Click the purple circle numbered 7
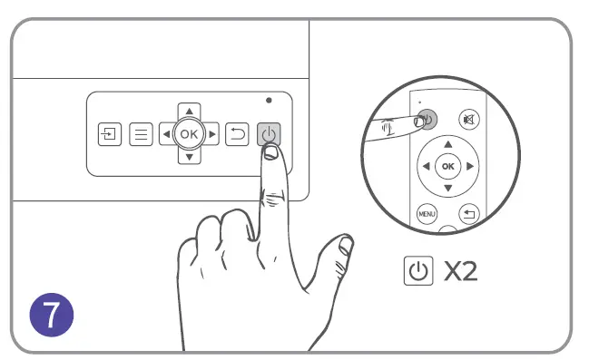click(x=52, y=315)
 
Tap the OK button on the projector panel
click(x=189, y=133)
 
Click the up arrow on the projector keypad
click(x=190, y=112)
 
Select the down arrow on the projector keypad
click(x=190, y=157)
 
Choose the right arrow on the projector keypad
click(x=212, y=134)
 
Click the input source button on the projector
click(x=110, y=134)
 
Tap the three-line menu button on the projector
click(x=141, y=134)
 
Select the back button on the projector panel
click(x=237, y=134)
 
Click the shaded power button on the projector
click(x=269, y=133)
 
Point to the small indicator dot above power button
click(x=269, y=101)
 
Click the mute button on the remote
click(x=469, y=120)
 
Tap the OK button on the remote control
click(x=447, y=166)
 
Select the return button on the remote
click(x=469, y=214)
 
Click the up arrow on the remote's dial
click(x=447, y=144)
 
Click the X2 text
click(x=460, y=271)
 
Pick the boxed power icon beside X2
click(x=418, y=270)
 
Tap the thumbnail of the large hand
click(x=346, y=246)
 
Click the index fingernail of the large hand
click(x=270, y=152)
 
